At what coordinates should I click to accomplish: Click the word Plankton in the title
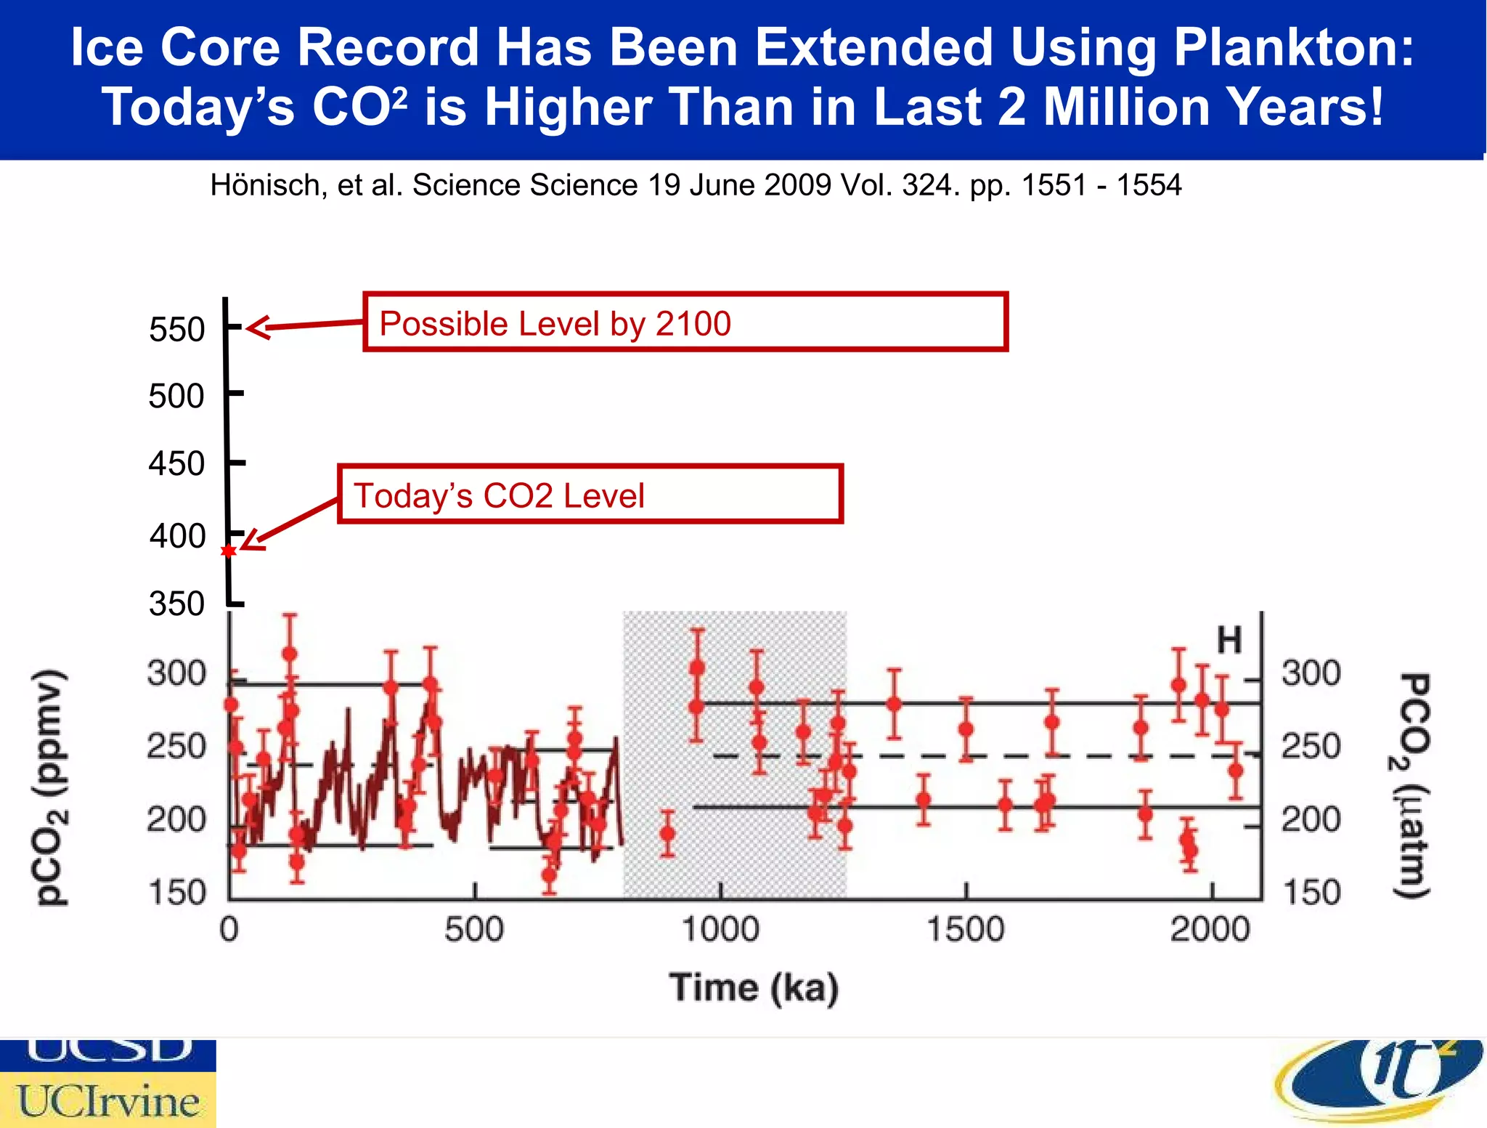pos(1293,48)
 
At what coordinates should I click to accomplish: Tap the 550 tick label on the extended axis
pos(176,330)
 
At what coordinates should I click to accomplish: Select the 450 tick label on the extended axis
pos(176,464)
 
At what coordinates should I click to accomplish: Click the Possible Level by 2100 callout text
pos(555,324)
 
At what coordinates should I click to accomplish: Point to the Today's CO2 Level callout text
pos(499,496)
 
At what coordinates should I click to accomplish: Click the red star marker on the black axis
pos(229,551)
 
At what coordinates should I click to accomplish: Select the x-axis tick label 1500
pos(966,930)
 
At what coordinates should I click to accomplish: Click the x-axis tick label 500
pos(473,930)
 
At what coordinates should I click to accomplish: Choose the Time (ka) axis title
pos(754,988)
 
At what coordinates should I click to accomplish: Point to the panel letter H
pos(1229,641)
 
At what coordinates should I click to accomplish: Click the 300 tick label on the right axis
pos(1311,673)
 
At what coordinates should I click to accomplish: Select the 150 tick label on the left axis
pos(176,893)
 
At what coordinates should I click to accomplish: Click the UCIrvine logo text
pos(109,1101)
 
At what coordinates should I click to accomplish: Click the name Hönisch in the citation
pos(264,186)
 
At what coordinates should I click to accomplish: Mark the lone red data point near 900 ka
pos(667,834)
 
